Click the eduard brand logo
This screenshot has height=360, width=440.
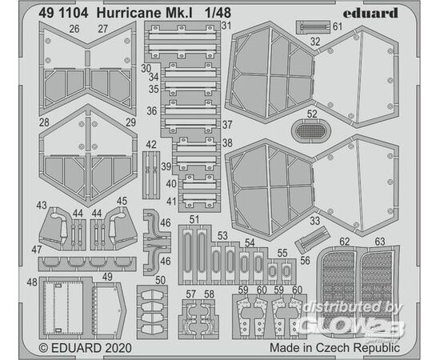(x=370, y=13)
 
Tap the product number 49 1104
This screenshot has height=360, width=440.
(x=63, y=13)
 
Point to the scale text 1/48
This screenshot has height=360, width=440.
(x=218, y=13)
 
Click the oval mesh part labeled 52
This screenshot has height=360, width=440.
(x=311, y=131)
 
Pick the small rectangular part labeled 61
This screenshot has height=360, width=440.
(x=313, y=27)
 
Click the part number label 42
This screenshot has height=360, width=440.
(x=151, y=145)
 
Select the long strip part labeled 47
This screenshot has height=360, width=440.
(x=87, y=264)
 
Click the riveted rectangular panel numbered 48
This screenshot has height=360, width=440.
(x=65, y=307)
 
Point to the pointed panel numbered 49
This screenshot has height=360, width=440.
(x=109, y=310)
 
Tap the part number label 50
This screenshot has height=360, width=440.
(x=160, y=280)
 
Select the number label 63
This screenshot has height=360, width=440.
(x=380, y=242)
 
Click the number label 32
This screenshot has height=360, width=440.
(x=315, y=42)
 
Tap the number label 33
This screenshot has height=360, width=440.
(x=314, y=221)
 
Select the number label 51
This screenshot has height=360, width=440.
(x=194, y=219)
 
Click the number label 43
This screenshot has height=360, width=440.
(x=42, y=205)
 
